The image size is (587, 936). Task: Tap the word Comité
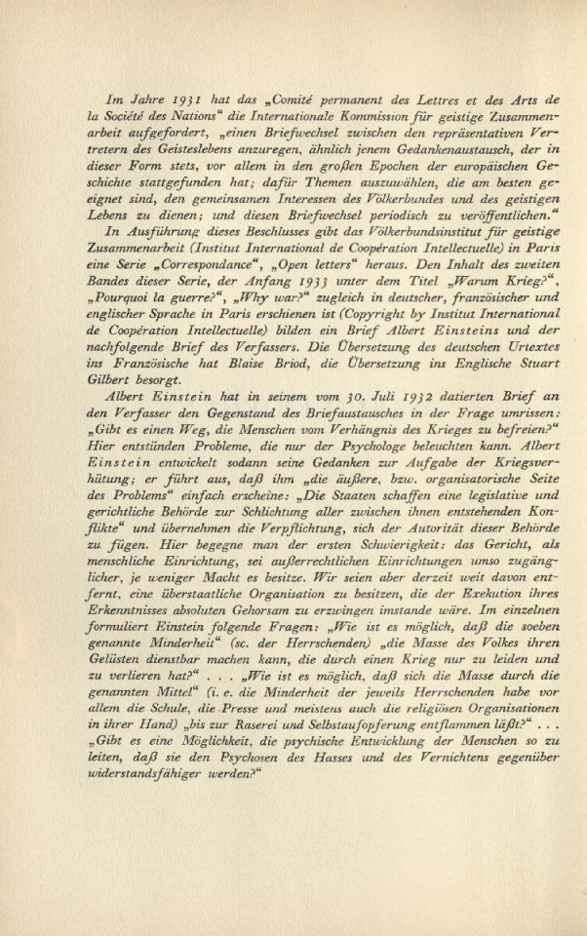point(303,100)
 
